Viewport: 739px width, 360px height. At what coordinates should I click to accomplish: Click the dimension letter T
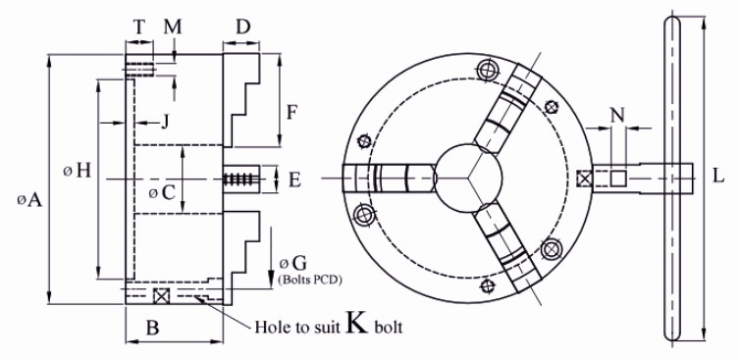[x=139, y=27]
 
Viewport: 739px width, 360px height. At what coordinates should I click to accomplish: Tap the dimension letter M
[x=173, y=27]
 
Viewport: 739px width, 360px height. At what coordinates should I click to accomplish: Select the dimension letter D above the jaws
[x=242, y=27]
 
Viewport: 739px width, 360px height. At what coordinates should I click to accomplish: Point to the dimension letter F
[x=293, y=113]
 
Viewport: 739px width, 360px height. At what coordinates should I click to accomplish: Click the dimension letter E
[x=294, y=180]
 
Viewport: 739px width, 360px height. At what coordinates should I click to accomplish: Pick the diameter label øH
[x=78, y=171]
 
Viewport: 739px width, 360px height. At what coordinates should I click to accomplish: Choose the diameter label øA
[x=29, y=200]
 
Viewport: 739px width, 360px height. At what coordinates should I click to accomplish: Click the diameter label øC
[x=162, y=192]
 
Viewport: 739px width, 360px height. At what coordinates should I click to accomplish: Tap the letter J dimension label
[x=165, y=123]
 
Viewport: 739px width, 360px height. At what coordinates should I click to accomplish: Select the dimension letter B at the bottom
[x=152, y=328]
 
